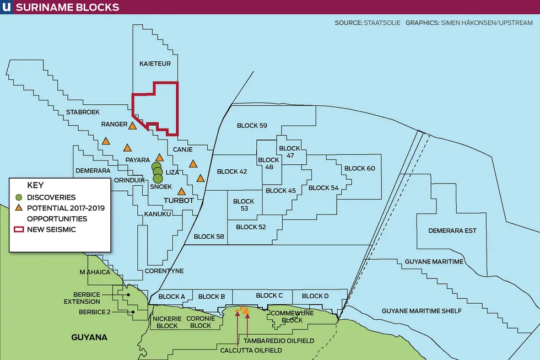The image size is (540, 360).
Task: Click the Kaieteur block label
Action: (x=154, y=64)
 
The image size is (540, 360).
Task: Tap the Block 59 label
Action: (x=252, y=126)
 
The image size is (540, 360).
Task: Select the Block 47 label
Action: (x=289, y=152)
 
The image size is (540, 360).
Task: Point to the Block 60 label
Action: (x=359, y=168)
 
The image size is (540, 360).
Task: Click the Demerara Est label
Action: (x=452, y=230)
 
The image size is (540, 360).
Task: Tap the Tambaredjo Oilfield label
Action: (x=281, y=341)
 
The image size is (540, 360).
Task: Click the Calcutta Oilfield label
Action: (x=251, y=350)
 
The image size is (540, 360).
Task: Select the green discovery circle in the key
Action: (x=19, y=197)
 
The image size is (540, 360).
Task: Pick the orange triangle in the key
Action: (x=19, y=208)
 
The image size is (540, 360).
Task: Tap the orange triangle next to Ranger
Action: (x=132, y=126)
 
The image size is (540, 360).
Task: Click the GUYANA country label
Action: (x=89, y=337)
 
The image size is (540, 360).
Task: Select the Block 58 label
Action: (x=209, y=237)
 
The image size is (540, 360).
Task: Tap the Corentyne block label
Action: (x=164, y=271)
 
